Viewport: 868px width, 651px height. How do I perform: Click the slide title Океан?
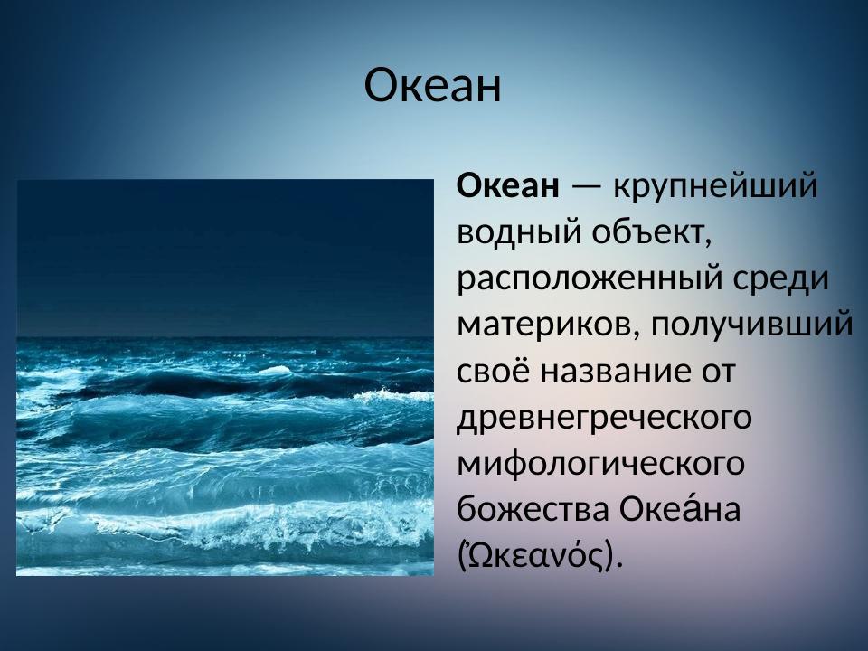click(x=432, y=86)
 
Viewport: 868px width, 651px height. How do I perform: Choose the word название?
click(x=610, y=372)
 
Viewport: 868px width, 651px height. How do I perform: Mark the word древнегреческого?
click(x=605, y=418)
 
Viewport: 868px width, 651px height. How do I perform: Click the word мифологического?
click(x=601, y=464)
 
